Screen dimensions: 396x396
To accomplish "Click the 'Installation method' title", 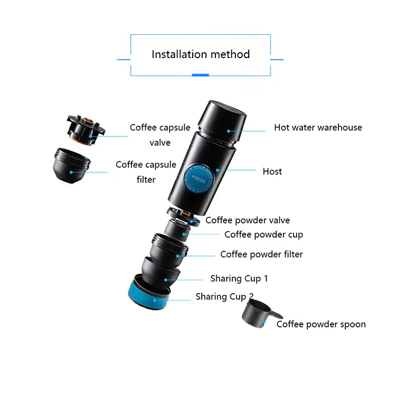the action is [x=201, y=54].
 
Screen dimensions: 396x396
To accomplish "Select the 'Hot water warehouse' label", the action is [x=318, y=127].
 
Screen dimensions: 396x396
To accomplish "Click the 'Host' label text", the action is [x=272, y=172].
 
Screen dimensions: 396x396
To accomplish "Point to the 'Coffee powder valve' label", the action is [x=248, y=220].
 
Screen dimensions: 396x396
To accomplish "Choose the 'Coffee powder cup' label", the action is [x=263, y=234].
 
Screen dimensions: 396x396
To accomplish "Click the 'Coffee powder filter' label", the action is [x=261, y=254].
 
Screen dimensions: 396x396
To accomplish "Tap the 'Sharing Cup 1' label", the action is [x=239, y=278].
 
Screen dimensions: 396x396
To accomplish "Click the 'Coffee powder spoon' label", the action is [x=321, y=324].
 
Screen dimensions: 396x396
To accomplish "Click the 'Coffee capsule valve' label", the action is [x=160, y=135].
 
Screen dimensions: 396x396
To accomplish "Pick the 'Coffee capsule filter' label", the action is [x=146, y=172].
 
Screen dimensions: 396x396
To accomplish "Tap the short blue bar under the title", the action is [x=201, y=75].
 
